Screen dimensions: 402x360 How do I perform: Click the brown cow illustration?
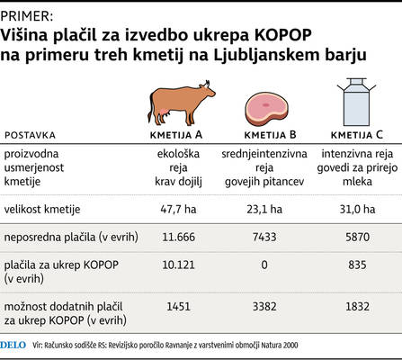pos(180,103)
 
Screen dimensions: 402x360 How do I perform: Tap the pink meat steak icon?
pos(266,109)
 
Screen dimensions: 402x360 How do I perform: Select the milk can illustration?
pos(356,102)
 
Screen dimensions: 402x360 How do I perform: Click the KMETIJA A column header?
pos(176,135)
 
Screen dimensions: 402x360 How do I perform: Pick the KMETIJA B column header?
pos(270,135)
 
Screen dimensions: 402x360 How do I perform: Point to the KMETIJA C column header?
pos(357,135)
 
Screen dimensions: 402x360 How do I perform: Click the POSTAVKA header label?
pos(30,135)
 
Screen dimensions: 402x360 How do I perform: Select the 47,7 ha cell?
pos(178,209)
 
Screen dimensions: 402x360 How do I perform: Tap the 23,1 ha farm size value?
pos(264,209)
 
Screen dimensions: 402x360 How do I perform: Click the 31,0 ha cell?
pos(357,209)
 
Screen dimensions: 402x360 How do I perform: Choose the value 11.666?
pos(179,237)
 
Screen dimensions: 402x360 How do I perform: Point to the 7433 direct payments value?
pos(264,237)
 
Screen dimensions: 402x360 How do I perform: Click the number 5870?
pos(357,237)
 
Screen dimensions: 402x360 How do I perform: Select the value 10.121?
pos(179,265)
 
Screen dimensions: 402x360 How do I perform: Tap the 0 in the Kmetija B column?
pos(264,265)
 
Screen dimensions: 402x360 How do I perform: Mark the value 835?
pos(357,265)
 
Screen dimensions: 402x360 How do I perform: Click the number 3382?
pos(264,307)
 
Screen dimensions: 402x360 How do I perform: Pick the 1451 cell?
pos(179,307)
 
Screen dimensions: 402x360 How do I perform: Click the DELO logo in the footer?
pos(13,345)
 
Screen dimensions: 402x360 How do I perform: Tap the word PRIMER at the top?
pos(26,16)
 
